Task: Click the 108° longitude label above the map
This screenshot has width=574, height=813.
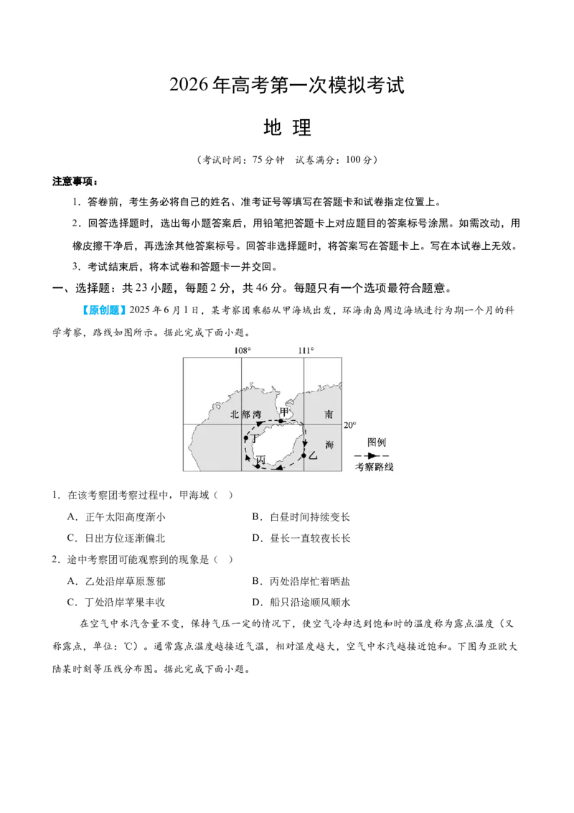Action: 243,350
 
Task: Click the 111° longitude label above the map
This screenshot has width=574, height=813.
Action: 306,350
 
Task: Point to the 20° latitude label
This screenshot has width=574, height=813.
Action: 350,425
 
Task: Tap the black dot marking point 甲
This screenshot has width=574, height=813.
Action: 281,421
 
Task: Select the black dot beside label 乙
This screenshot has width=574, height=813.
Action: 304,456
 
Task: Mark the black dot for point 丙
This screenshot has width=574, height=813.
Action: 258,467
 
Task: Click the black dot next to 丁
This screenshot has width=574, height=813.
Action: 246,439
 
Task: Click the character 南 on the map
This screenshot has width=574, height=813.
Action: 329,414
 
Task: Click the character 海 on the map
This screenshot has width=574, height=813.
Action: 330,445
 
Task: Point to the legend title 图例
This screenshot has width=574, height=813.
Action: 377,442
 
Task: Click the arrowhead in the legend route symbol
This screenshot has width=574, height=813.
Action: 372,456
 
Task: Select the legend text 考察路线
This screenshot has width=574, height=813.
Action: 374,467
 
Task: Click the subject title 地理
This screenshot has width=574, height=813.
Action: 287,128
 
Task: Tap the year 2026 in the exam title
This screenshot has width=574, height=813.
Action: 189,85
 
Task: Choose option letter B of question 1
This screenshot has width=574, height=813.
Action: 255,516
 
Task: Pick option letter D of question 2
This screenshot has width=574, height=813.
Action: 255,602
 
